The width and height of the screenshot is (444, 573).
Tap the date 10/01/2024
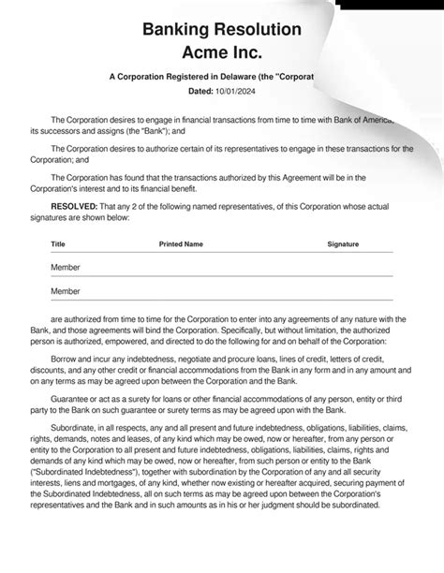237,92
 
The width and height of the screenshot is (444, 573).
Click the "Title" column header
58,242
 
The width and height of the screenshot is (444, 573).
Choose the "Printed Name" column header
181,242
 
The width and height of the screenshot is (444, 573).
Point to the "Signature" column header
343,242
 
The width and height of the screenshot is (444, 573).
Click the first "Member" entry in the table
65,267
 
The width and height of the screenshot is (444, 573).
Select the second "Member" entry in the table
65,291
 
